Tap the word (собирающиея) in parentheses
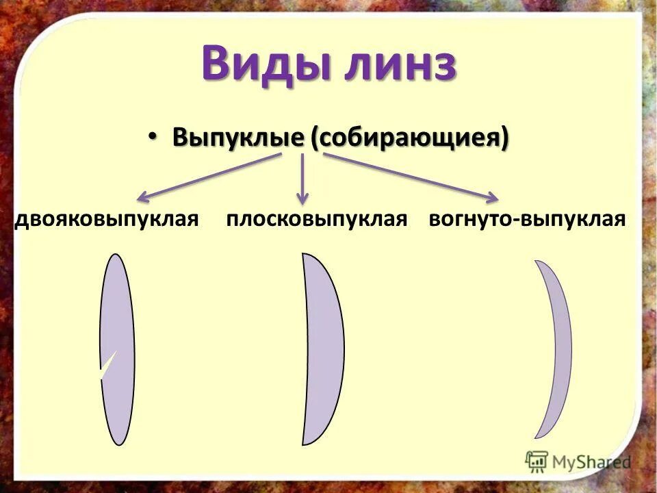(x=409, y=137)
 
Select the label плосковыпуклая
(x=317, y=219)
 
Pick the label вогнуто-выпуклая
(x=527, y=219)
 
